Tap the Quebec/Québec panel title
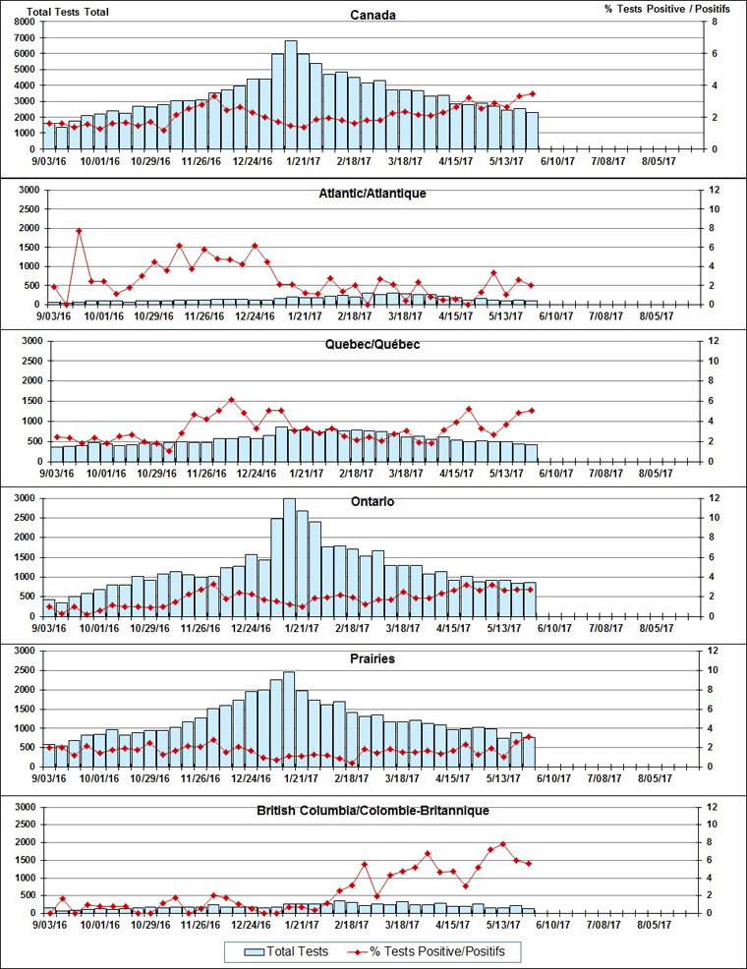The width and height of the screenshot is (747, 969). (373, 345)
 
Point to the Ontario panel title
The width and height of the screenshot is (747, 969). (373, 502)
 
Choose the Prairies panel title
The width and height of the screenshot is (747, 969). (373, 658)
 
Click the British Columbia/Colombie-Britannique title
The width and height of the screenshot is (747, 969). (373, 811)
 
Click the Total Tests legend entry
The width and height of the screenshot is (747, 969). (280, 951)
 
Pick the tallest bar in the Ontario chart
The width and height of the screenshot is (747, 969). (289, 556)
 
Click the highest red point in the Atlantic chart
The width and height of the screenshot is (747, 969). (79, 231)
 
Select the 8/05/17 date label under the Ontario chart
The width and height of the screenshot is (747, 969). (657, 628)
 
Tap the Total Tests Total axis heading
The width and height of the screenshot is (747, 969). (68, 12)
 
